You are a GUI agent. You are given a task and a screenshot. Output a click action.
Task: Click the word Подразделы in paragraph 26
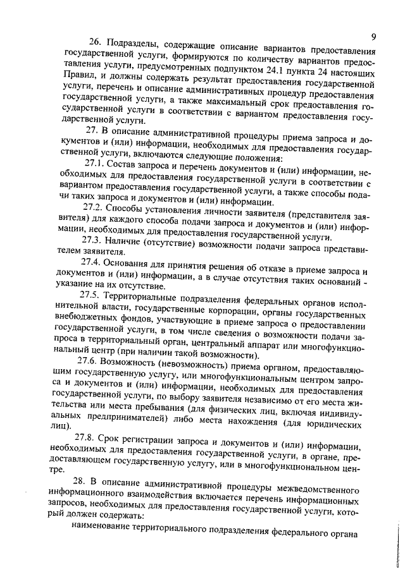click(x=135, y=44)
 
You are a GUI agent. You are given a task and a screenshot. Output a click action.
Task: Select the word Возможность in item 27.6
click(x=134, y=361)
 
